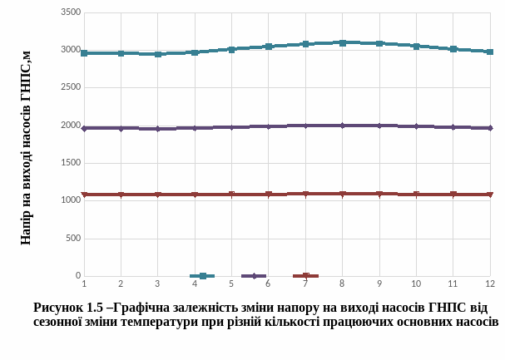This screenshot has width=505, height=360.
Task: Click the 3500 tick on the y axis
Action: tap(71, 13)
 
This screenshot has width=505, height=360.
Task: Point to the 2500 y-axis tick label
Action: tap(71, 87)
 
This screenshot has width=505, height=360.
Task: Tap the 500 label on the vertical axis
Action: tap(73, 239)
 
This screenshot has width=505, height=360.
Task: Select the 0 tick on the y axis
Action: tap(78, 276)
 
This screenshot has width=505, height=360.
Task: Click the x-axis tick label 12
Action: tap(490, 284)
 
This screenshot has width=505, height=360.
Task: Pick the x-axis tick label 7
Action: tap(305, 284)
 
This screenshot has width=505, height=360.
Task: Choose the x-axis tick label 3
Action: tap(157, 284)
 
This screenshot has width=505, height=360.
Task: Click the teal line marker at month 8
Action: tap(343, 42)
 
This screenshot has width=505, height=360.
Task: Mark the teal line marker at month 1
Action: tap(84, 53)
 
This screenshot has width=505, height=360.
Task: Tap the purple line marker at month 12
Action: tap(490, 128)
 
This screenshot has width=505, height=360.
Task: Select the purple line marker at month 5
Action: tap(231, 127)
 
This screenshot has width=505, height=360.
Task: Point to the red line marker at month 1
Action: tap(84, 195)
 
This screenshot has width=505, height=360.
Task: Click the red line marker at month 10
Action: tap(416, 195)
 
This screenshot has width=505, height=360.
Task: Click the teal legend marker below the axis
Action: tap(202, 276)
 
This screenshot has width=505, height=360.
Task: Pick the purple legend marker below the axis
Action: tap(254, 276)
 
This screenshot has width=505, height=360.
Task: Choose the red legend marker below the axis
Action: tap(306, 276)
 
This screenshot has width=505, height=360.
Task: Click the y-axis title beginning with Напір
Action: tap(26, 145)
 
